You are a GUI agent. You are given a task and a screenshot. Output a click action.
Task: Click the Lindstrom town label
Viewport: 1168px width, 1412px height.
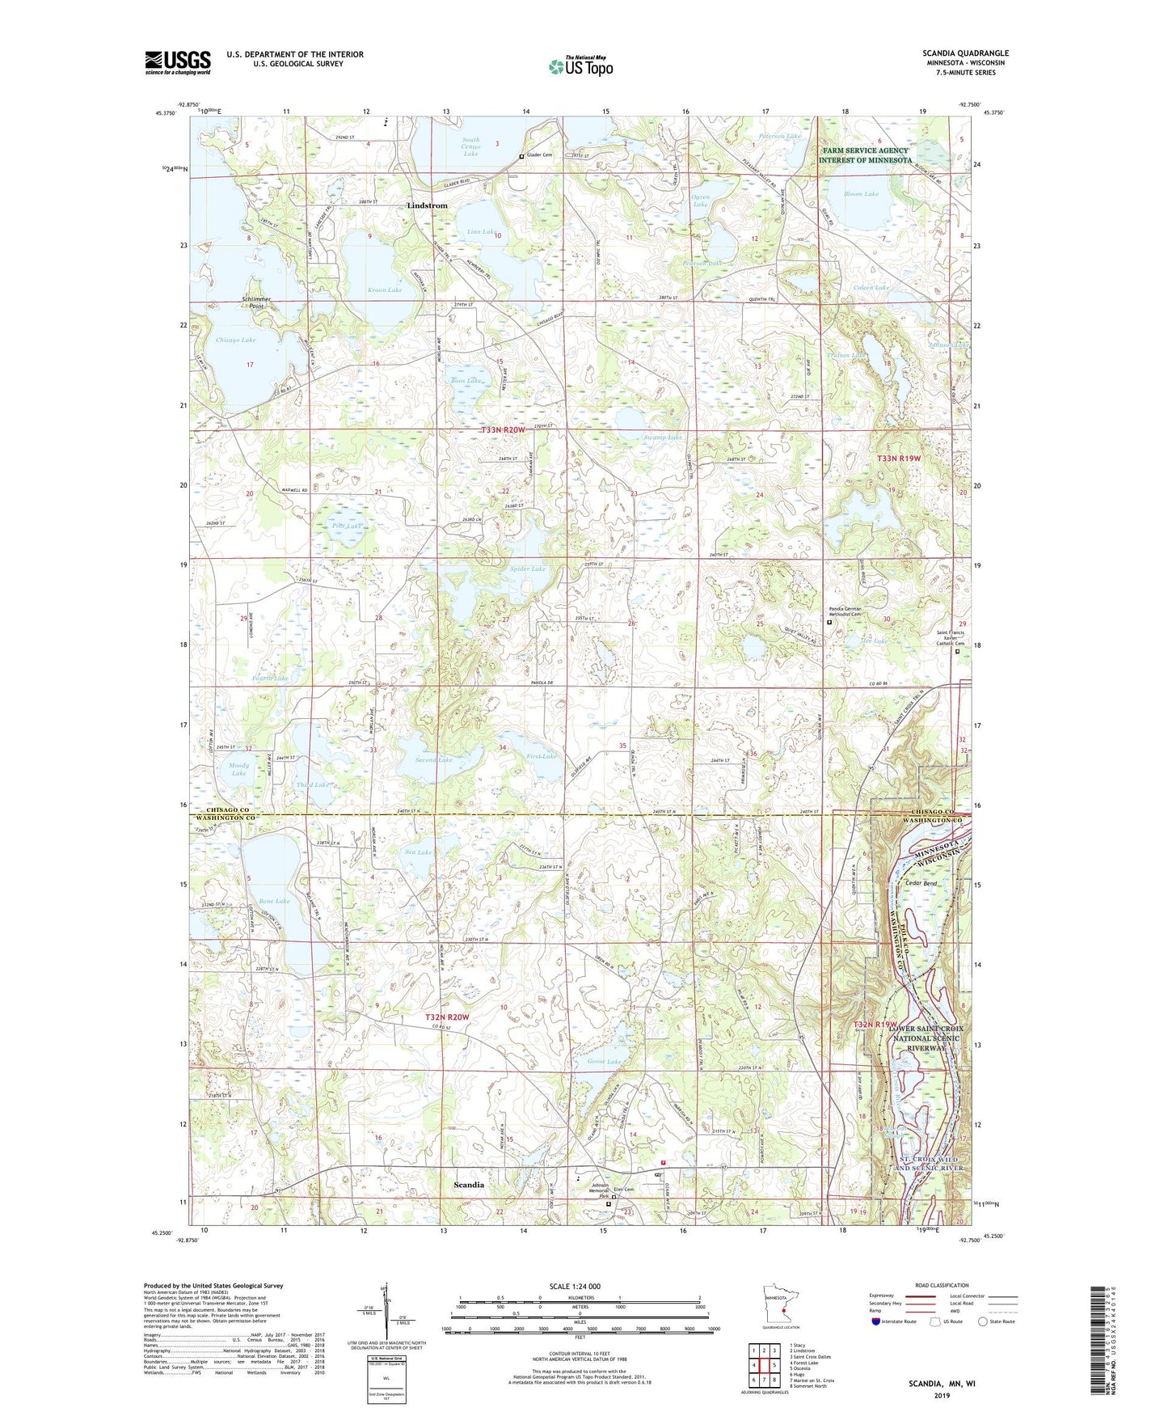(427, 205)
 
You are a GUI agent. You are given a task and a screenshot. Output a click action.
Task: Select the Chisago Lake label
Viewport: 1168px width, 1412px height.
(236, 340)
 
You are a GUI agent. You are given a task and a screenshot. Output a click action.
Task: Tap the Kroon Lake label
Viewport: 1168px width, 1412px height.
(385, 290)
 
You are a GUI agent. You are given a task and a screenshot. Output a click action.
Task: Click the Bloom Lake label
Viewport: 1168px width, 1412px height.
(861, 194)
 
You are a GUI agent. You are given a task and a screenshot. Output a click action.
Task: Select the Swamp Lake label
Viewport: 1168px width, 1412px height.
(663, 438)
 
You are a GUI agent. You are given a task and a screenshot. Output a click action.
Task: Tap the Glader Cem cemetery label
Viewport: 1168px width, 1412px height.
(540, 155)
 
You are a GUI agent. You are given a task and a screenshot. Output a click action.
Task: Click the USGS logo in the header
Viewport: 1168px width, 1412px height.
(178, 61)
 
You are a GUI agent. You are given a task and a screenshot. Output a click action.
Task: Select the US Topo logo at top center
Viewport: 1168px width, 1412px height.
(580, 66)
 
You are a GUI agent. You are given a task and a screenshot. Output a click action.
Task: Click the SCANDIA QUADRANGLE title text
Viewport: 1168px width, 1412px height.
(965, 53)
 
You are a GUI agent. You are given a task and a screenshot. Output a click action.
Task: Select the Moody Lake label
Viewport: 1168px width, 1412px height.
(239, 769)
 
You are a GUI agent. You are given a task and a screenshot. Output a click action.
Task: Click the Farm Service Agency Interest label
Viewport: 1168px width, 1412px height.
(865, 155)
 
